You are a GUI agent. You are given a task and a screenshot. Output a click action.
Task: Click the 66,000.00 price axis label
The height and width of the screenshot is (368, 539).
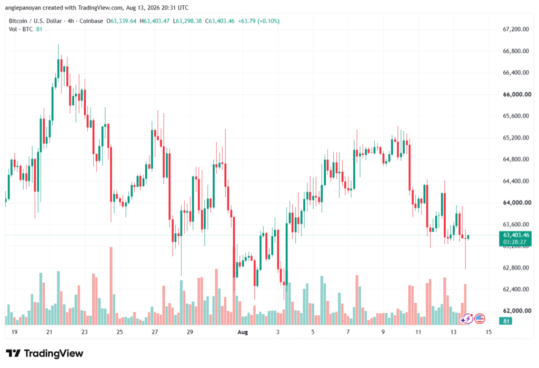click(x=517, y=94)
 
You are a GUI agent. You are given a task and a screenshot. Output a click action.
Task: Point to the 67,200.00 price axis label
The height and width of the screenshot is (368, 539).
click(x=516, y=29)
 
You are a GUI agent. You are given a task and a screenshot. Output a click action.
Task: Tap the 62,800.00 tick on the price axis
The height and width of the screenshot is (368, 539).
click(x=516, y=267)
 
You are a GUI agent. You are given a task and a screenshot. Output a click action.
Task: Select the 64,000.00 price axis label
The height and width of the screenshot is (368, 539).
click(x=517, y=203)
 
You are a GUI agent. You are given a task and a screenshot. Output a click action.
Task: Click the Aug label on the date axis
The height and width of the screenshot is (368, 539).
click(x=243, y=332)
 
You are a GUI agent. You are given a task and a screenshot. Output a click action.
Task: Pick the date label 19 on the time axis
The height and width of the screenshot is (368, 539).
click(x=14, y=332)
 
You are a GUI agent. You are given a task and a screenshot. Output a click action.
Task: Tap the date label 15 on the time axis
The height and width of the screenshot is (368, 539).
click(x=488, y=332)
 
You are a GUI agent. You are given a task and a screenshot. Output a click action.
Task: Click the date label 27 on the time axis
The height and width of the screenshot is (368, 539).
click(x=155, y=332)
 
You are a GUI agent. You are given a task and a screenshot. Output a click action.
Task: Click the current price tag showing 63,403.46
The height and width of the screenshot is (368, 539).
click(x=516, y=235)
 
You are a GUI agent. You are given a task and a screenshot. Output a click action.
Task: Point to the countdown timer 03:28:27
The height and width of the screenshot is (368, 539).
click(x=515, y=242)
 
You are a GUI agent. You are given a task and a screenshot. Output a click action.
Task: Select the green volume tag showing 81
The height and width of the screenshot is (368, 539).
click(x=506, y=321)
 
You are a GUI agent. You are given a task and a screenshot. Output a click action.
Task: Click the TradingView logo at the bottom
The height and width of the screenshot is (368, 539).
click(x=44, y=353)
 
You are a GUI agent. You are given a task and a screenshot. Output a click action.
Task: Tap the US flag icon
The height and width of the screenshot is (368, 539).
click(x=480, y=319)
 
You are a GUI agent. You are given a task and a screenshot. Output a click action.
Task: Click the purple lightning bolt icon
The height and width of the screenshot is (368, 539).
click(x=467, y=319)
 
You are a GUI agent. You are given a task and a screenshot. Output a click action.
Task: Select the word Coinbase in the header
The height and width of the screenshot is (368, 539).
click(x=91, y=21)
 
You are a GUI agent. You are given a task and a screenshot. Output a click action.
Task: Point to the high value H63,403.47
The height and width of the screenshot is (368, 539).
click(x=154, y=21)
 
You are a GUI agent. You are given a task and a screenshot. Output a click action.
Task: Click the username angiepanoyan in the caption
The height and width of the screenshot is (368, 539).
click(x=23, y=7)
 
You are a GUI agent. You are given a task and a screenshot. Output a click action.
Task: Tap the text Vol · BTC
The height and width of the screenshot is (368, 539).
click(x=21, y=29)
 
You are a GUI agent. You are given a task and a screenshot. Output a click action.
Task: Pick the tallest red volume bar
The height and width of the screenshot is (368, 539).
click(x=111, y=286)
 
